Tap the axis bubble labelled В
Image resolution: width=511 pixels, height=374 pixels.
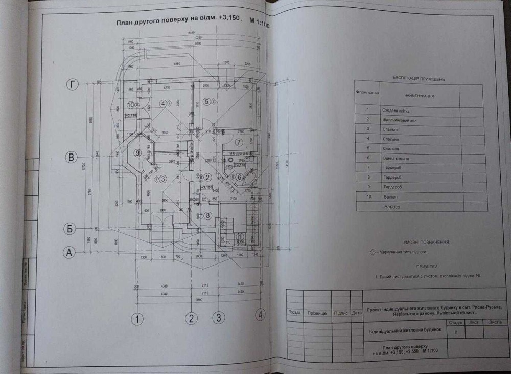[x=72, y=157]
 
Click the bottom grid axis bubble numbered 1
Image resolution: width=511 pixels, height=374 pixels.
[x=136, y=319]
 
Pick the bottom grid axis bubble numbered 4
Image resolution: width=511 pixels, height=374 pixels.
[x=261, y=314]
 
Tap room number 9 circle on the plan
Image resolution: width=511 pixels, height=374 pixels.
[x=137, y=152]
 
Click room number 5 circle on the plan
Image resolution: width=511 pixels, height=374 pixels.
[x=206, y=102]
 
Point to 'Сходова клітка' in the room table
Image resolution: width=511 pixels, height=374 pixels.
[x=396, y=111]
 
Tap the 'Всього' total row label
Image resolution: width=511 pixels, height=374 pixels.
[x=391, y=207]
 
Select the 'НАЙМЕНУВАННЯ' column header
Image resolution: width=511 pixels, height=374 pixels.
[x=419, y=96]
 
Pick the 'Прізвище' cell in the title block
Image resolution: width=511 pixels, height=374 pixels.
[x=317, y=312]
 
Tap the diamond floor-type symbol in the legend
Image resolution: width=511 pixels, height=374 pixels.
[x=372, y=252]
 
